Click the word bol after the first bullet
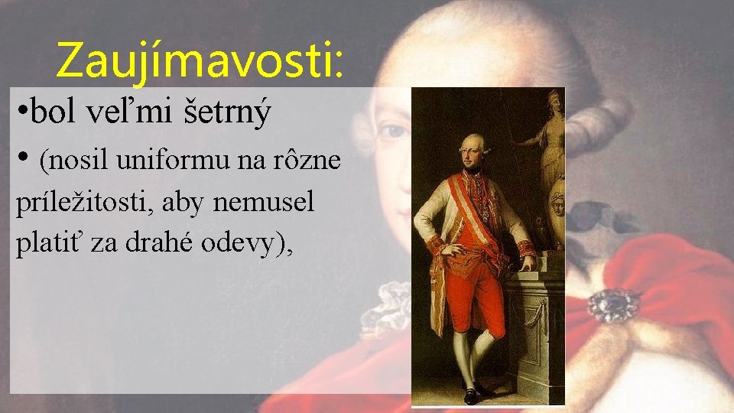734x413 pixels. pos(60,113)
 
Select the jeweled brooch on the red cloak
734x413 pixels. pos(613,305)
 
